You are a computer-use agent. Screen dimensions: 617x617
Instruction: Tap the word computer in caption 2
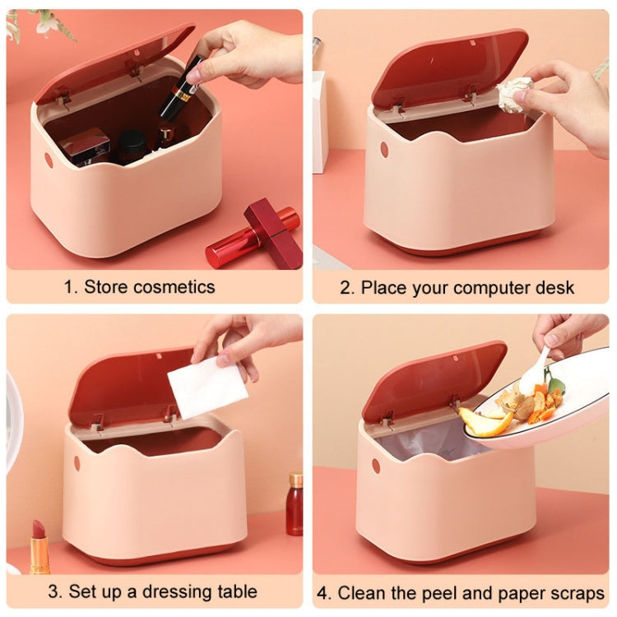[496, 288]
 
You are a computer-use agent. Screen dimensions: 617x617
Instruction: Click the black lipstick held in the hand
[182, 89]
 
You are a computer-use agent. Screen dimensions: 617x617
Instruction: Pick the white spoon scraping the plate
[536, 370]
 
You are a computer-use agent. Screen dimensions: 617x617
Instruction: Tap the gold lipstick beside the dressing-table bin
[39, 548]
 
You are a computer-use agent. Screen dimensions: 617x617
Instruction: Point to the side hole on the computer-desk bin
[383, 150]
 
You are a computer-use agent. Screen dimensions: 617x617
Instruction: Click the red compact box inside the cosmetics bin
[84, 146]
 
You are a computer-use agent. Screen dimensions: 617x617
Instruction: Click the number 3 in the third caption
[53, 591]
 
